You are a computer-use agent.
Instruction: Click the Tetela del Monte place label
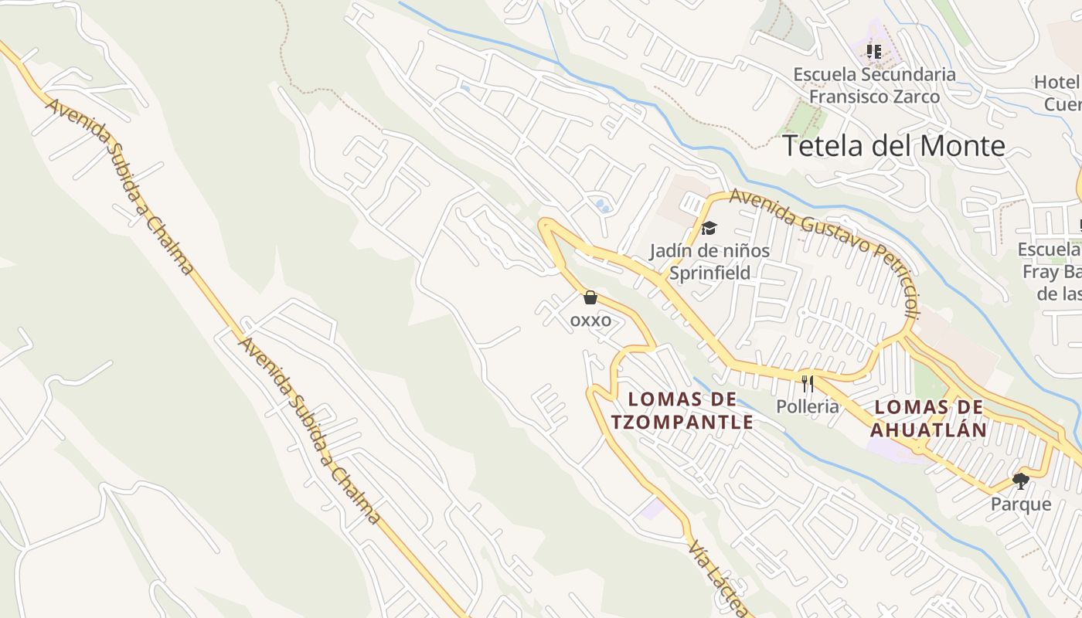[x=894, y=146]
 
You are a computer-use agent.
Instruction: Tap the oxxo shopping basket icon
[x=590, y=297]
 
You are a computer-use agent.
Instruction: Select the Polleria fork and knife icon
[x=808, y=383]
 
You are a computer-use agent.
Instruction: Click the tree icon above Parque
[x=1021, y=481]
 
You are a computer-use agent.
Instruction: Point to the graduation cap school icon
[x=709, y=228]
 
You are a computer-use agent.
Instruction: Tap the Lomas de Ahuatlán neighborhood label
[x=929, y=418]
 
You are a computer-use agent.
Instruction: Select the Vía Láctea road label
[x=719, y=579]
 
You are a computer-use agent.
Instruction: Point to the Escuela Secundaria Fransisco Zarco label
[x=874, y=86]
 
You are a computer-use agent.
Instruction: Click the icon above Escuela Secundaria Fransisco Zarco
[x=874, y=52]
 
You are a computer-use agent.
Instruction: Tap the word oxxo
[x=590, y=320]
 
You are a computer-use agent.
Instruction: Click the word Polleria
[x=808, y=406]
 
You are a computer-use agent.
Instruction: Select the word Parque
[x=1021, y=504]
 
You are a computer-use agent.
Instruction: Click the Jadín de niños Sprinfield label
[x=709, y=262]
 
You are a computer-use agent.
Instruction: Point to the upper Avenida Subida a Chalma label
[x=120, y=185]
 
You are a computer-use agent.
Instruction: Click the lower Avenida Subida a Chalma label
[x=309, y=430]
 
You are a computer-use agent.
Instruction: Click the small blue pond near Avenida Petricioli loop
[x=601, y=205]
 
